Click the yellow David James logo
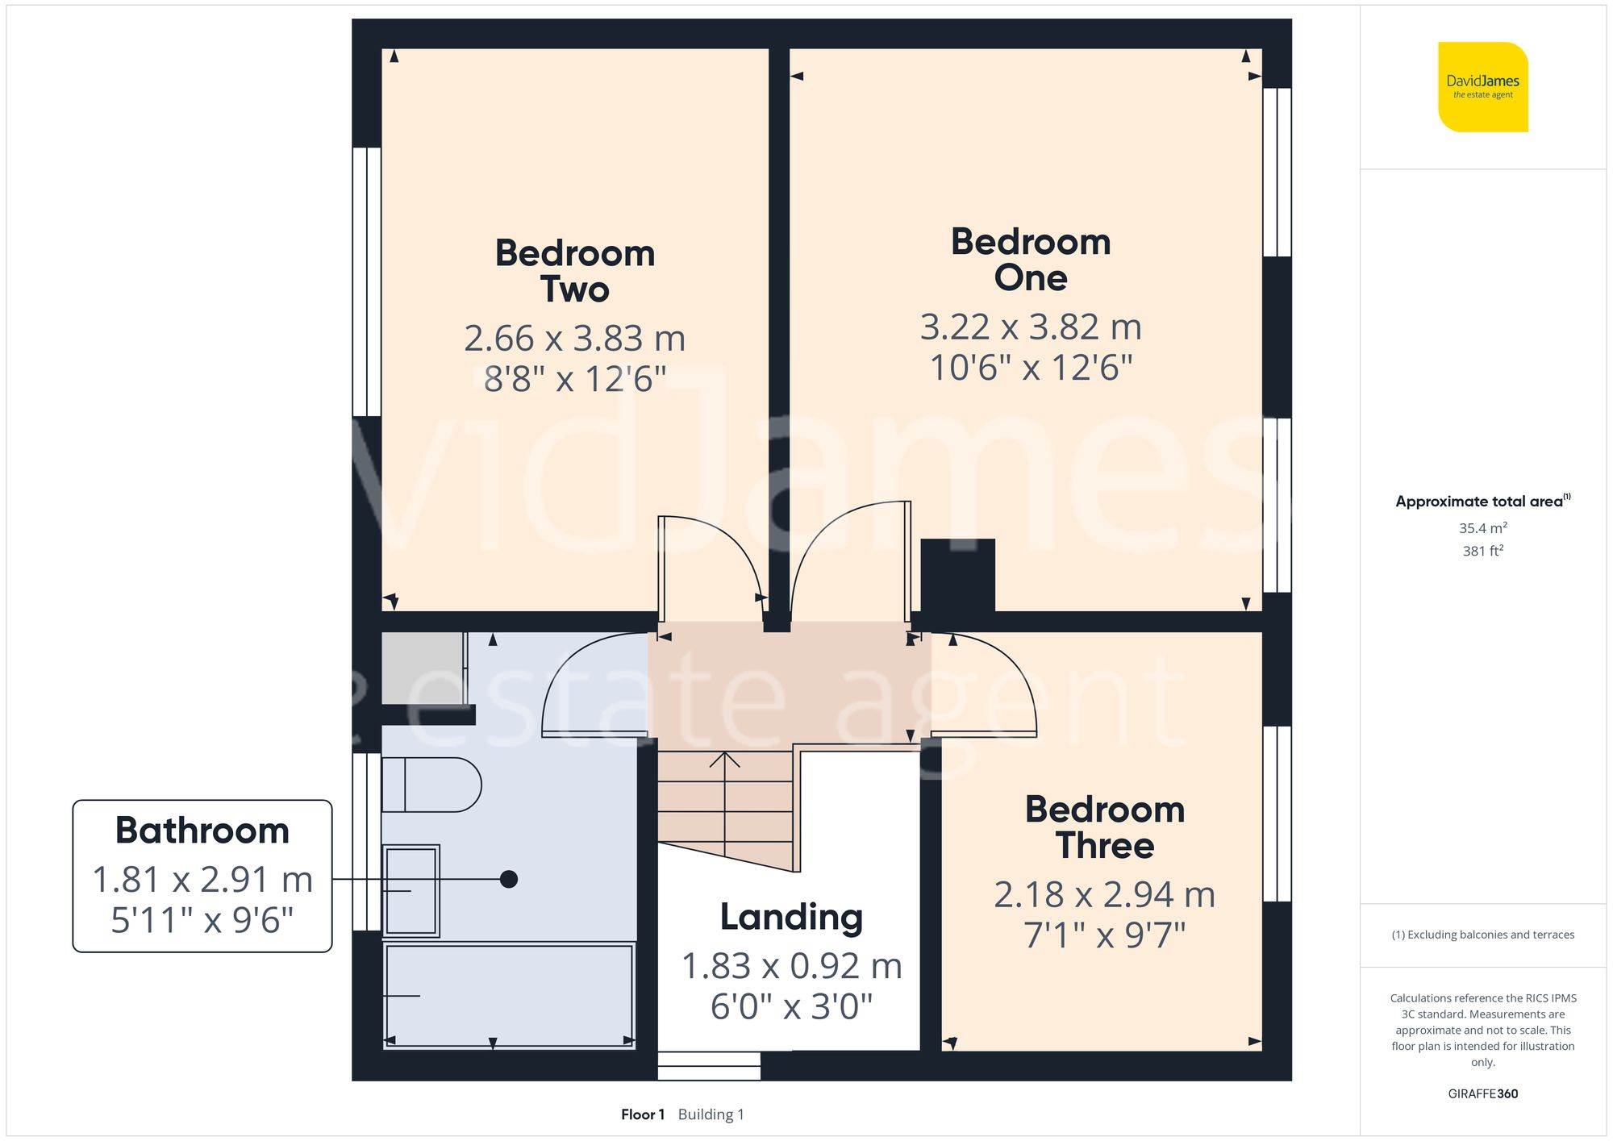coord(1482,87)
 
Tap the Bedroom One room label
coord(1031,260)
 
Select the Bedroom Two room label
coord(574,271)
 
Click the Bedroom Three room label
coord(1105,827)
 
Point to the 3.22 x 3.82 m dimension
coord(1031,327)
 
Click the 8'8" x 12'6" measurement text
coord(574,379)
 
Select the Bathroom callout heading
coord(202,831)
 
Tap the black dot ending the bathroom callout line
coord(508,879)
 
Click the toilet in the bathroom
coord(431,784)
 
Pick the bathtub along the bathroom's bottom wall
coord(508,996)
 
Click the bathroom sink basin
coord(411,890)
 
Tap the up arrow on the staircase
coord(724,760)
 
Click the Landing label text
coord(791,917)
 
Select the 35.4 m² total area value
coord(1482,528)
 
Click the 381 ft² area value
coord(1482,551)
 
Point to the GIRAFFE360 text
coord(1482,1093)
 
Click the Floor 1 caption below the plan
coord(642,1114)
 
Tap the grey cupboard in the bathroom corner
coord(422,668)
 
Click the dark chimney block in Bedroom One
coord(957,574)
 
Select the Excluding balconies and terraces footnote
coord(1482,935)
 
